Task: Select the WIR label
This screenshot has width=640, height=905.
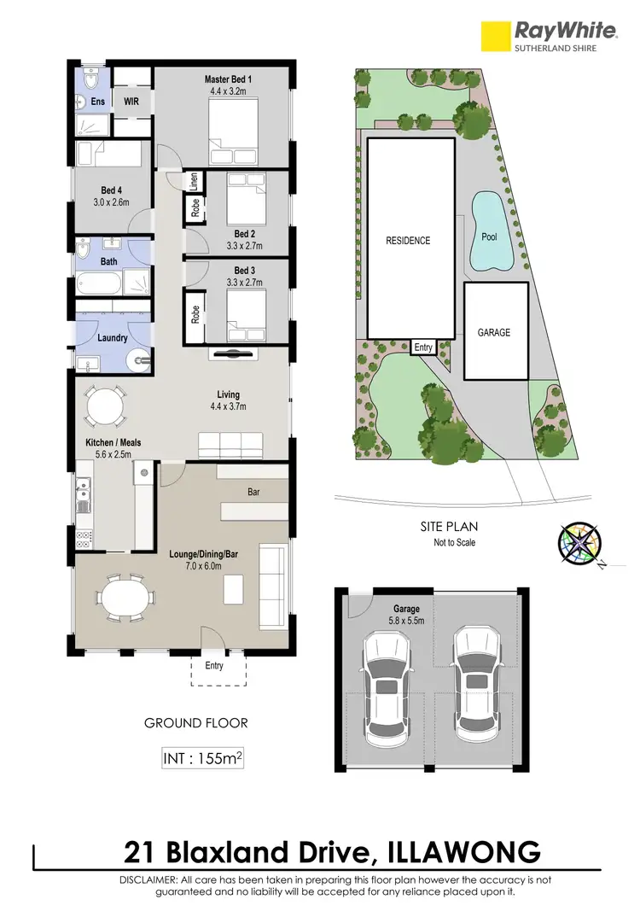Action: coord(131,102)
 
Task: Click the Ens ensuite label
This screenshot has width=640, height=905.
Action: coord(97,102)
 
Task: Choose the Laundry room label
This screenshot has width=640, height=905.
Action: coord(113,338)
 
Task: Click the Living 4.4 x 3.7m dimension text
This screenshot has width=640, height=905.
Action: coord(228,407)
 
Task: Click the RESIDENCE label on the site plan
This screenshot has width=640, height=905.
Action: coord(408,241)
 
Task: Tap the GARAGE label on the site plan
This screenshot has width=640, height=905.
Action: coord(494,332)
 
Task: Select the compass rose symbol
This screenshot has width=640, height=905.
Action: coord(579,543)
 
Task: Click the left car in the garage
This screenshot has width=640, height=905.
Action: coord(388,689)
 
